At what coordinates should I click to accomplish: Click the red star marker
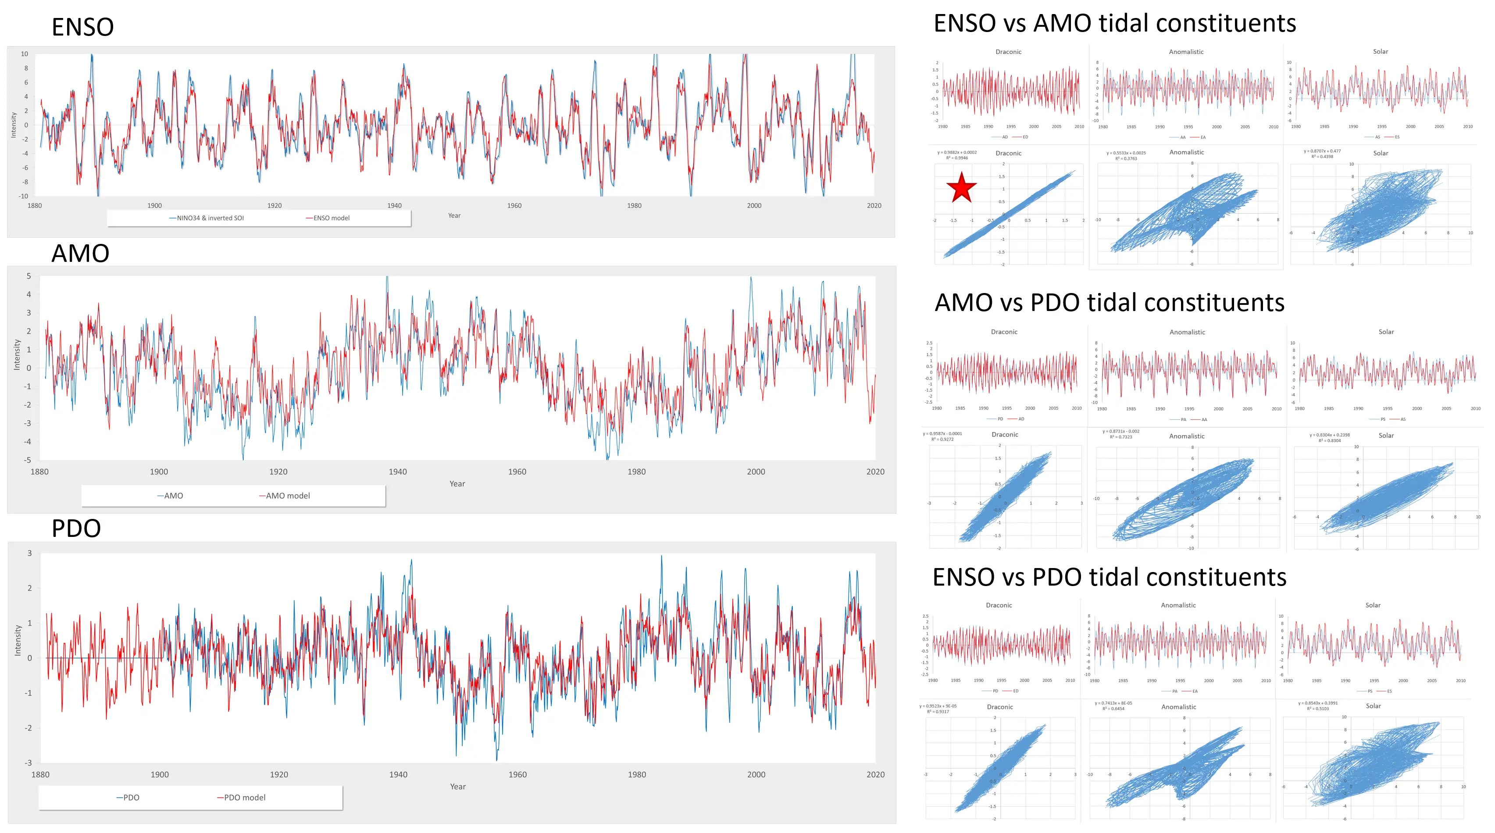coord(961,188)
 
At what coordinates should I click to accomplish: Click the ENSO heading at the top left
coord(82,27)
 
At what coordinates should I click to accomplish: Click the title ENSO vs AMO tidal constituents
coord(1114,23)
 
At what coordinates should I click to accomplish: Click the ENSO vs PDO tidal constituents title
coord(1109,577)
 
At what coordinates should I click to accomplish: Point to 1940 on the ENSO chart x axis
coord(394,205)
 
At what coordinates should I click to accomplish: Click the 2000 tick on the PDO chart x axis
coord(756,774)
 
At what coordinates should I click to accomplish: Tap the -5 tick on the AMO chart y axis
coord(27,460)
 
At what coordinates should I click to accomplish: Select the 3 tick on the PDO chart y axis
coord(29,553)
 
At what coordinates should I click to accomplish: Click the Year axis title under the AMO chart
coord(457,483)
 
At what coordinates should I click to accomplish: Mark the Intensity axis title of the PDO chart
coord(18,640)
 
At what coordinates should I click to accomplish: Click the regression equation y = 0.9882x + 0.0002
coord(956,153)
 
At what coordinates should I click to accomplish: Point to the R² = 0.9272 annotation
coord(942,440)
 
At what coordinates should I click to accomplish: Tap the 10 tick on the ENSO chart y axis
coord(25,54)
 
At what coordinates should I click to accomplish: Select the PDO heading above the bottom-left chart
coord(76,528)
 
